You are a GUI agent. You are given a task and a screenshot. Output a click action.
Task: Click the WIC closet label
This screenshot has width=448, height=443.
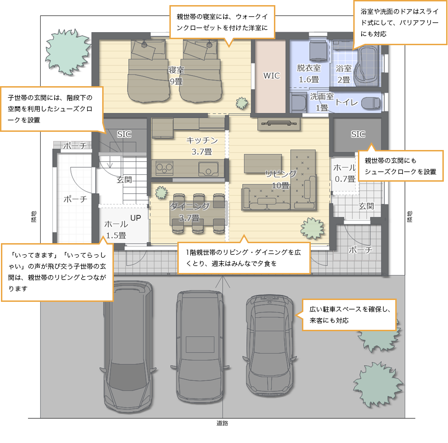tap(272, 75)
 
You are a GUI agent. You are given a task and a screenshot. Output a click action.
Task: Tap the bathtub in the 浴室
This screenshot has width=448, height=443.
tap(367, 66)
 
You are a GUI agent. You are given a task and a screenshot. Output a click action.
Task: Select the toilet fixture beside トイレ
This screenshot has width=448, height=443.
tap(371, 103)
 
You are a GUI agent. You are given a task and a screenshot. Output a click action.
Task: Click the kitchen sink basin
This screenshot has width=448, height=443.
tap(208, 169)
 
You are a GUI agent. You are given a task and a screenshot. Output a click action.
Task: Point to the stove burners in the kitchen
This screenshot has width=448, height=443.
tap(165, 168)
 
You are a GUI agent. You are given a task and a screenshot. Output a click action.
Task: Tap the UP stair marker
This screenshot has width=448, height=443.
tap(136, 218)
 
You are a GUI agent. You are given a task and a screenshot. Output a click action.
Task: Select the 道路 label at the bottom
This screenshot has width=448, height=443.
tap(222, 423)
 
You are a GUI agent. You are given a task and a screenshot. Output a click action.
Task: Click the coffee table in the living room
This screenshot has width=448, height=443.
tap(263, 164)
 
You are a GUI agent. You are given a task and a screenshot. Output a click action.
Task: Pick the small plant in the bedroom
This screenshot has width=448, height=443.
tap(242, 103)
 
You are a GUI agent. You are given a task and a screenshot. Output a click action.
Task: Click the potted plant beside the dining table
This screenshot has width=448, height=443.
tap(161, 193)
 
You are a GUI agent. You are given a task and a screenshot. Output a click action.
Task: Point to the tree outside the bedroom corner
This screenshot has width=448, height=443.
tap(68, 52)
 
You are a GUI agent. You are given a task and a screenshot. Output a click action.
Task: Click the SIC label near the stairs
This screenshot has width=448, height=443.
tap(124, 134)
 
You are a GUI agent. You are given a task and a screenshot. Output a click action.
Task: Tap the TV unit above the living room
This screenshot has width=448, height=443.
tap(279, 124)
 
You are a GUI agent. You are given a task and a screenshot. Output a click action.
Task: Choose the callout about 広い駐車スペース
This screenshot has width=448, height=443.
tap(349, 315)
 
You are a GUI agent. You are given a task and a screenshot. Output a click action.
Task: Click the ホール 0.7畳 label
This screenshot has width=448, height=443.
tap(344, 173)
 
